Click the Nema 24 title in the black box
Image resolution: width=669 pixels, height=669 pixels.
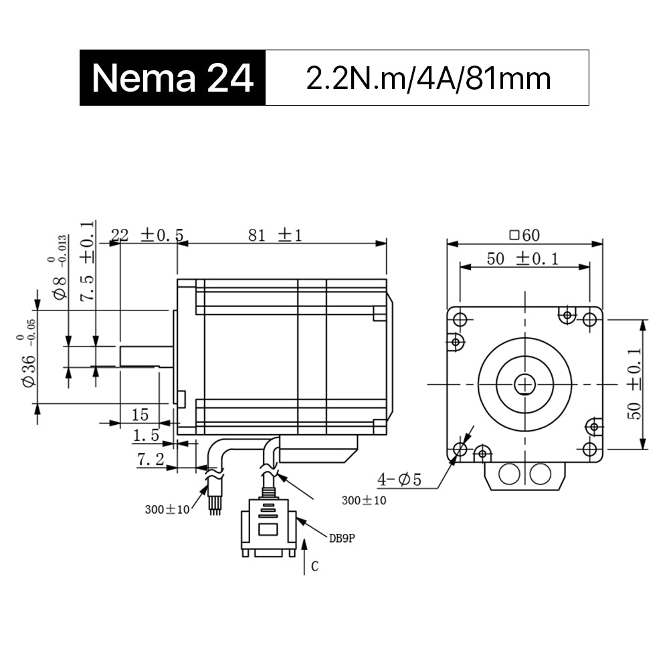(x=173, y=78)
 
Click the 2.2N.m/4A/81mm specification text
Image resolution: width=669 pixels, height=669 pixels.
(x=428, y=78)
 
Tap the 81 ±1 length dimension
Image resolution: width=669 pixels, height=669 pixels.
(x=275, y=235)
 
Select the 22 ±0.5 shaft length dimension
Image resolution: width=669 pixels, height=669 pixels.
(x=147, y=235)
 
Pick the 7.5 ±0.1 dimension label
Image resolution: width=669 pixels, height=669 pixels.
(x=86, y=261)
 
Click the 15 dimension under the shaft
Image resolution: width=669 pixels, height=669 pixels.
(x=140, y=415)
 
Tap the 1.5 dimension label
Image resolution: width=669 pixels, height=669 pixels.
(x=146, y=436)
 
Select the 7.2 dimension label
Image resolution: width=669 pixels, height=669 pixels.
(x=151, y=460)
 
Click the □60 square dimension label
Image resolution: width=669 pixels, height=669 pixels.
(x=524, y=235)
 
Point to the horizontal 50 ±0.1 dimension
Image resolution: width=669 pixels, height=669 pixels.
(x=522, y=258)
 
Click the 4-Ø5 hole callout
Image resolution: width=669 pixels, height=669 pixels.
(x=399, y=480)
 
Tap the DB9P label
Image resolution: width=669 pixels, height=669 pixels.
(x=342, y=539)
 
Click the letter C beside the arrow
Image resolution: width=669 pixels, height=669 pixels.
(x=315, y=566)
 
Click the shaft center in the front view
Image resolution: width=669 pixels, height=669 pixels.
(x=524, y=385)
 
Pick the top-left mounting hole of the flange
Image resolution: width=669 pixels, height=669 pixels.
(x=460, y=319)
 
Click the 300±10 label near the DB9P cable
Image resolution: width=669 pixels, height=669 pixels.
(x=364, y=500)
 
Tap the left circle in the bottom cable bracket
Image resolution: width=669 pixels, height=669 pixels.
(x=509, y=474)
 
